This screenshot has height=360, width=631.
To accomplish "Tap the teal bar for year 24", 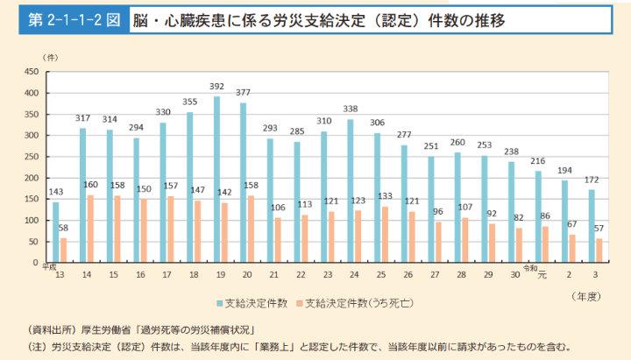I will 351,191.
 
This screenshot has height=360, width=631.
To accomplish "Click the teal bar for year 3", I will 592,226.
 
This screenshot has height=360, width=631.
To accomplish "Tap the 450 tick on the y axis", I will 31,72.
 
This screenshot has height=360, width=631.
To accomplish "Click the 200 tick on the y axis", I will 31,178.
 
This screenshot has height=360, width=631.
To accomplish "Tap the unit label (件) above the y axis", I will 50,57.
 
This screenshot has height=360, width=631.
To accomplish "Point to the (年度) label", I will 588,296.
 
